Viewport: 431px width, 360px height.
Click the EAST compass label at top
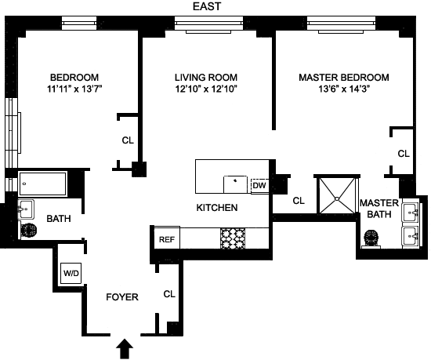click(x=207, y=6)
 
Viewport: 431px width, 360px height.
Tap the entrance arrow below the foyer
click(x=125, y=348)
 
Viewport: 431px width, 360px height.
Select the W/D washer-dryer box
click(x=71, y=273)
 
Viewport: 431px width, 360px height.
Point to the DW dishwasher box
click(x=259, y=186)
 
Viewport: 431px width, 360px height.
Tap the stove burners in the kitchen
click(x=233, y=238)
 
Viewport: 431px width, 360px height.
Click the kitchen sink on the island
click(x=235, y=184)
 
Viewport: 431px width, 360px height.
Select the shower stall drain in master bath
click(x=337, y=198)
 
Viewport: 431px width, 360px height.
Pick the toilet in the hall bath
click(x=28, y=230)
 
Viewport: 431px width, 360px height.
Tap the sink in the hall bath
click(x=26, y=209)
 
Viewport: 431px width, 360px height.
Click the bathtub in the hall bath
click(x=42, y=184)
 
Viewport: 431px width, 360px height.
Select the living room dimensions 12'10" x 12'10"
click(x=206, y=89)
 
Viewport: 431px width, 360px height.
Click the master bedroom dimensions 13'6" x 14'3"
click(x=344, y=89)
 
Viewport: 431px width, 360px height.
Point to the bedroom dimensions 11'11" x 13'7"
click(x=74, y=89)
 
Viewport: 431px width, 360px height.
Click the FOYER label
click(x=122, y=297)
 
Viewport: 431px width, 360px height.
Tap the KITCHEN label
click(x=217, y=207)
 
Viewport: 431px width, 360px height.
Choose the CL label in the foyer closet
click(x=169, y=294)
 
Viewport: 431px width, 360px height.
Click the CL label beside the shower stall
click(x=299, y=201)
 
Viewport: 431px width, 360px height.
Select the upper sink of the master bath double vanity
click(x=411, y=213)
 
